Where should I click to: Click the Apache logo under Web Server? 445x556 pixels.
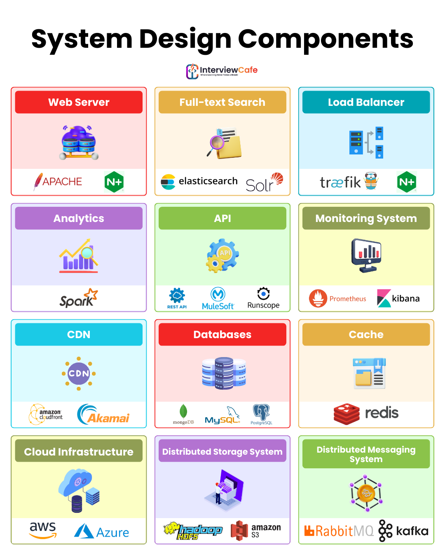click(x=58, y=182)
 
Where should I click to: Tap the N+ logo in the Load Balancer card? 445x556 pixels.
click(x=407, y=182)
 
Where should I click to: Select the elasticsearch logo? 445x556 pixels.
click(x=199, y=181)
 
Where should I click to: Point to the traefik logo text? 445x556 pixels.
click(x=340, y=182)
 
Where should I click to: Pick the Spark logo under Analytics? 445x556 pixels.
click(x=78, y=299)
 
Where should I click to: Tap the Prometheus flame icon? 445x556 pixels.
click(x=318, y=299)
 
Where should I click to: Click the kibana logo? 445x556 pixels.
click(x=398, y=299)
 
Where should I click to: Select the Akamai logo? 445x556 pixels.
click(x=103, y=415)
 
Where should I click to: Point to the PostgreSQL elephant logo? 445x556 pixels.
click(x=261, y=412)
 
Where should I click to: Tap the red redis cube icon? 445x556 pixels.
click(x=347, y=413)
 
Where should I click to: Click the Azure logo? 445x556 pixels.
click(x=101, y=532)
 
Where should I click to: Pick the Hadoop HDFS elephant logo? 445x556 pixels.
click(x=193, y=531)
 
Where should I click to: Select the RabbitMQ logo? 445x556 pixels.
click(x=339, y=531)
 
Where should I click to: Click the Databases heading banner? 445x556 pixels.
click(x=222, y=334)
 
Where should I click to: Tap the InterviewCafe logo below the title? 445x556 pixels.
click(x=222, y=71)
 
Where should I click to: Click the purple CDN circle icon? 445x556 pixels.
click(x=79, y=374)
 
